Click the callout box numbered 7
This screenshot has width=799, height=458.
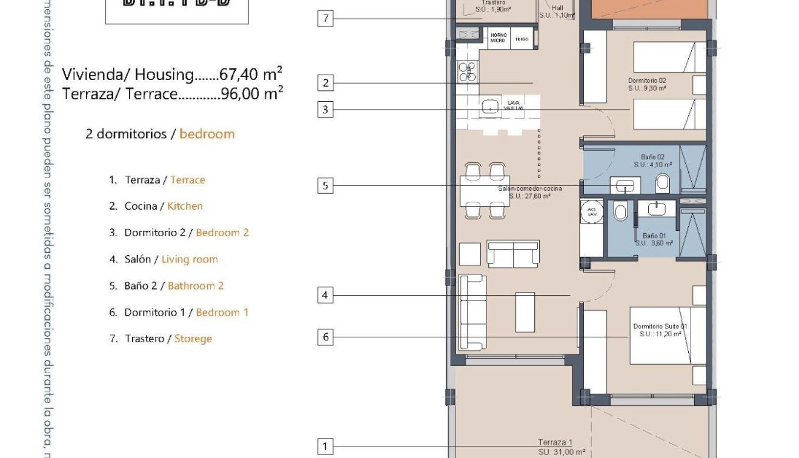[x=325, y=18]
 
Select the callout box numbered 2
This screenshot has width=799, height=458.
[x=325, y=83]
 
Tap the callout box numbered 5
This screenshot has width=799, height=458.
[x=325, y=185]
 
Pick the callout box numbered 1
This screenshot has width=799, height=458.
[x=325, y=447]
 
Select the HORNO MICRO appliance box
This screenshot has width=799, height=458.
[x=498, y=38]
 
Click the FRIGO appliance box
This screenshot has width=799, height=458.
[x=522, y=39]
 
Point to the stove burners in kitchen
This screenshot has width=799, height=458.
[x=467, y=72]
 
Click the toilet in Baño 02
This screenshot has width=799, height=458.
[x=662, y=182]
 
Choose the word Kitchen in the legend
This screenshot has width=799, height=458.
[x=185, y=206]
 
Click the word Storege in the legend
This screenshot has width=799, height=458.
[x=193, y=339]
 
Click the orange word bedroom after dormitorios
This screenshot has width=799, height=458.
[x=207, y=134]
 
